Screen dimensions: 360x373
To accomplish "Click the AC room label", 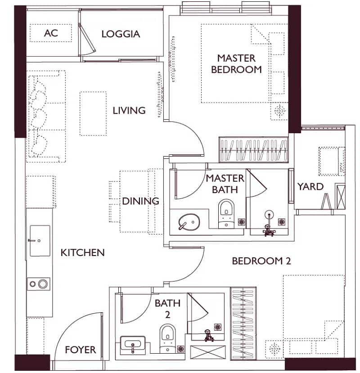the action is pyautogui.click(x=51, y=33).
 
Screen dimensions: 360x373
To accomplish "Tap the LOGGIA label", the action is pyautogui.click(x=121, y=34).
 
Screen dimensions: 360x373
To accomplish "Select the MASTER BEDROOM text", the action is pyautogui.click(x=236, y=64).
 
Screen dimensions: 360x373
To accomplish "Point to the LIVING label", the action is pyautogui.click(x=129, y=111).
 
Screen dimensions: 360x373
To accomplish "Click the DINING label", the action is pyautogui.click(x=140, y=201).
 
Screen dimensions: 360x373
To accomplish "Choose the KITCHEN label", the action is pyautogui.click(x=82, y=252).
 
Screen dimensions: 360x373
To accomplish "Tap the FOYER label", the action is pyautogui.click(x=81, y=350).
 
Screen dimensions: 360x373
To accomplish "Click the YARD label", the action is pyautogui.click(x=310, y=187).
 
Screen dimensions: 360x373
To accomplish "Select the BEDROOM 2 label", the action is pyautogui.click(x=261, y=261).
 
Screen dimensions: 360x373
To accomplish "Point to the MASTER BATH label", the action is pyautogui.click(x=225, y=184).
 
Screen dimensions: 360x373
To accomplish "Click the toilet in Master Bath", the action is pyautogui.click(x=226, y=214).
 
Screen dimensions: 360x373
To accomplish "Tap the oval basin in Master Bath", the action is pyautogui.click(x=189, y=221).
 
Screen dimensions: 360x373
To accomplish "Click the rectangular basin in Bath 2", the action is pyautogui.click(x=133, y=343).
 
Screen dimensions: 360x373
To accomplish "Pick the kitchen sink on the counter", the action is pyautogui.click(x=40, y=241).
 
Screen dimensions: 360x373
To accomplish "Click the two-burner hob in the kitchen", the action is pyautogui.click(x=38, y=284).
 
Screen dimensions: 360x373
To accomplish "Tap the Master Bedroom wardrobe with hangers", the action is pyautogui.click(x=253, y=150).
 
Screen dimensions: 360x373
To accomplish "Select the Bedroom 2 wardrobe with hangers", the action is pyautogui.click(x=243, y=324).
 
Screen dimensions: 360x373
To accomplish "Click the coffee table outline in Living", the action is pyautogui.click(x=93, y=114).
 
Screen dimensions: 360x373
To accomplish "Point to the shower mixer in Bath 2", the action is pyautogui.click(x=208, y=336).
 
